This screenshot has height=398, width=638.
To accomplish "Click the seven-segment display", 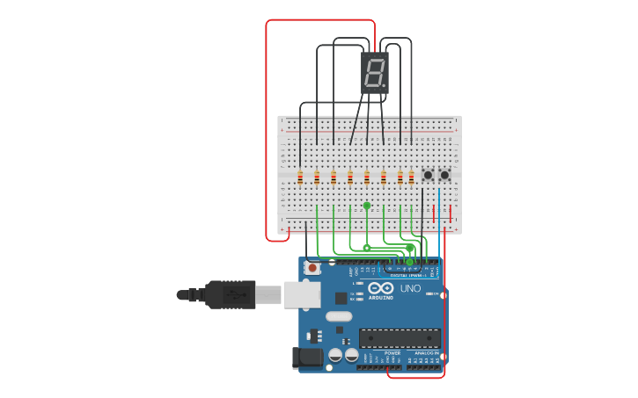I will [375, 73].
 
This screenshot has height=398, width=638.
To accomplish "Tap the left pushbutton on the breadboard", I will [428, 175].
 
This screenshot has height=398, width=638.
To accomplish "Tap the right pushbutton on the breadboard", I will [444, 175].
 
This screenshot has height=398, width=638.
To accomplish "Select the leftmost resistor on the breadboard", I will [300, 178].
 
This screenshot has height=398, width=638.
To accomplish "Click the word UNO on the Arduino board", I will [410, 289].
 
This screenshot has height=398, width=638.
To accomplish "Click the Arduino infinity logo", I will [382, 288].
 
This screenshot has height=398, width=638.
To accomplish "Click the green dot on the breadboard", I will [367, 206].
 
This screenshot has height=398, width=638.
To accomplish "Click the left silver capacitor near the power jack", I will [336, 355].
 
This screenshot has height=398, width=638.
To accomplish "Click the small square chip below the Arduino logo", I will [341, 298].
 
